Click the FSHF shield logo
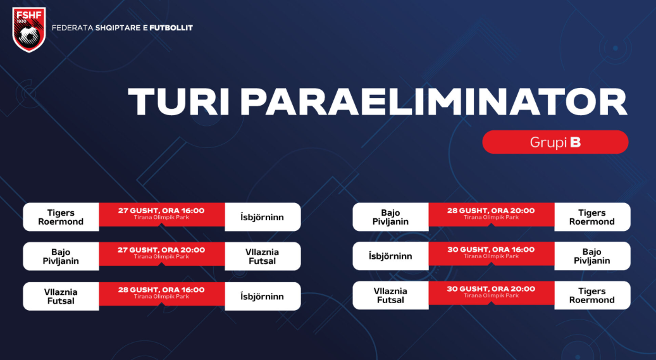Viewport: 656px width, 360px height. point(29,29)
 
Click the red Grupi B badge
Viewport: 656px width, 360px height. point(555,142)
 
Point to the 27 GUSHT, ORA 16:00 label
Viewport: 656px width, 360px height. point(161,211)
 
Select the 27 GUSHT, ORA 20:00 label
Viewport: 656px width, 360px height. point(161,250)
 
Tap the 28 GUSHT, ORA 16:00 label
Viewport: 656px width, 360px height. point(161,289)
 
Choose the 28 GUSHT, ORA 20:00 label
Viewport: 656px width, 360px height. point(491,211)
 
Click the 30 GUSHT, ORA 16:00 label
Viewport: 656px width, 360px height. point(491,249)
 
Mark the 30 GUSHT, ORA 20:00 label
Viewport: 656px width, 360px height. point(491,289)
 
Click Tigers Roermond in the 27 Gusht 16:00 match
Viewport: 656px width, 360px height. point(61,217)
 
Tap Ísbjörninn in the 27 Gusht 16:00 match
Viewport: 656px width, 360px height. point(262,217)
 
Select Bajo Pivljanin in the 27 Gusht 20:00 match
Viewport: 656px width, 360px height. point(61,256)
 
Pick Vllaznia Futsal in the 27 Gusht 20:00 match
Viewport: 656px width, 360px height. point(262,256)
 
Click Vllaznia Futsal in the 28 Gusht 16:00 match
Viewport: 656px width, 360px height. point(61,296)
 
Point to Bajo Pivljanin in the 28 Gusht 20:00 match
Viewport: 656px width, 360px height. point(390,217)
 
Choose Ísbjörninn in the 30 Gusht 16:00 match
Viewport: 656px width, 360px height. point(390,256)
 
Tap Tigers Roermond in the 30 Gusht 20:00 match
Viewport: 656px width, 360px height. point(591,295)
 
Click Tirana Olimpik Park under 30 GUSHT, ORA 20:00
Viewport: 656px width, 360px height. point(491,295)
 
